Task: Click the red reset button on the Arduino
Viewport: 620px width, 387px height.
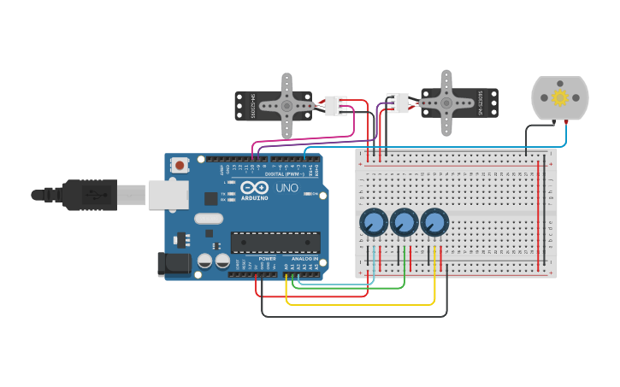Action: click(x=179, y=165)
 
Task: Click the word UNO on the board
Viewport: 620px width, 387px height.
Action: click(x=286, y=188)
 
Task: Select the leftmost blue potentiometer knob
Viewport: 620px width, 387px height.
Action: click(x=374, y=223)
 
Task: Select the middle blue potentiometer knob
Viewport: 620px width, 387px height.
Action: click(x=404, y=223)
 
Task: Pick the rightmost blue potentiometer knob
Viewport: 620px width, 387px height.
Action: click(x=434, y=223)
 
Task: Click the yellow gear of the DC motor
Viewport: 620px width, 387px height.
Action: click(x=560, y=97)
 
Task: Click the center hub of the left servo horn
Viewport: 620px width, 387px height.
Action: click(x=286, y=106)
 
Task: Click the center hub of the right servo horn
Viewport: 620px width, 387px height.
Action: click(x=446, y=103)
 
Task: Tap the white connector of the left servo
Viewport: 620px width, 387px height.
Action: click(x=334, y=106)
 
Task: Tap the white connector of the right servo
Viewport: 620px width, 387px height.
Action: click(x=397, y=103)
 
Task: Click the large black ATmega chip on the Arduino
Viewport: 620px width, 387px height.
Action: click(x=275, y=243)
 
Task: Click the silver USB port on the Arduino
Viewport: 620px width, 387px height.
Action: click(x=168, y=195)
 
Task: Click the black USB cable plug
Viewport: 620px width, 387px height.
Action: click(x=89, y=195)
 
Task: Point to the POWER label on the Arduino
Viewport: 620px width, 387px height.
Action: click(x=267, y=258)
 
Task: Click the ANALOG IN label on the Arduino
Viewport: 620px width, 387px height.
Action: click(x=304, y=258)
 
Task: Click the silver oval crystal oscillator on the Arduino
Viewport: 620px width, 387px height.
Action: click(x=209, y=219)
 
